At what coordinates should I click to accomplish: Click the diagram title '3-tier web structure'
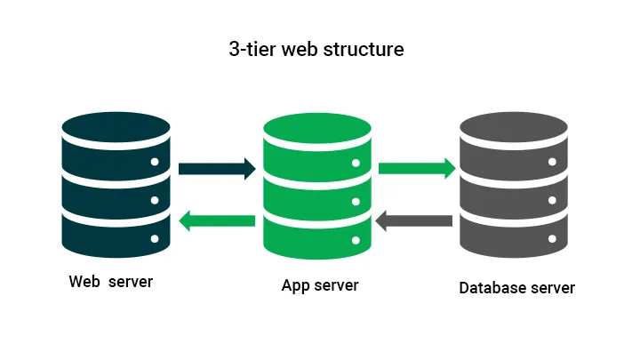click(316, 49)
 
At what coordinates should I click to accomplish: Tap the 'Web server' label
click(111, 282)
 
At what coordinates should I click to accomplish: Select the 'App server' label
click(320, 285)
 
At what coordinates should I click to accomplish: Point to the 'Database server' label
click(516, 288)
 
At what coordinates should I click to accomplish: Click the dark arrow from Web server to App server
click(217, 168)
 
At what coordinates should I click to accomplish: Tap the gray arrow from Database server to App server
click(414, 220)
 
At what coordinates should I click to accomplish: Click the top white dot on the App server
click(356, 163)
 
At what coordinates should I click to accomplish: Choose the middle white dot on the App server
click(356, 201)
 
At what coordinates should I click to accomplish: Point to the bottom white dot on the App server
click(356, 239)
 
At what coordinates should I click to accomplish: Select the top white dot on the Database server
click(552, 163)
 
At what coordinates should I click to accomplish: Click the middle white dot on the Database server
click(552, 201)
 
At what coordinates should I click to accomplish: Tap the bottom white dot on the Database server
click(552, 239)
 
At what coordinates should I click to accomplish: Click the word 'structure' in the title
click(366, 49)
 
